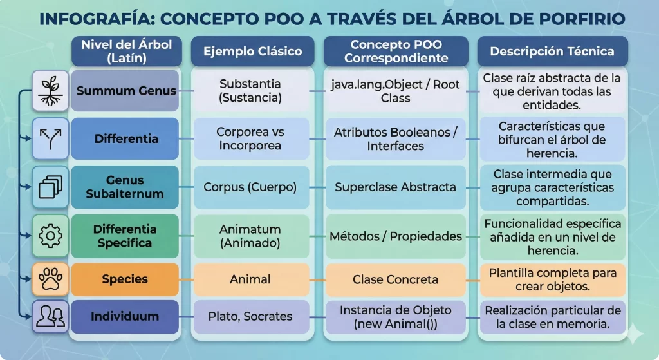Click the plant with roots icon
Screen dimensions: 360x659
point(50,91)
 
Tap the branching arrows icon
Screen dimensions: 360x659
point(50,138)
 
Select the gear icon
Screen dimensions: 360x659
point(50,236)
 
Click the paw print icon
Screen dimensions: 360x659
point(50,279)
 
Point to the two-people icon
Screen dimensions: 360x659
point(50,316)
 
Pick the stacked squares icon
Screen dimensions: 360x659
point(50,187)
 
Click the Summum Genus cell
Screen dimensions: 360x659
point(125,91)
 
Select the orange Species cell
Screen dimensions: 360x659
point(125,279)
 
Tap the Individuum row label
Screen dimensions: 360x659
point(125,316)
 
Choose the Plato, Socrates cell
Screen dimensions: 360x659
point(250,316)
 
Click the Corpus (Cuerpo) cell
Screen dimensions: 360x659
point(250,187)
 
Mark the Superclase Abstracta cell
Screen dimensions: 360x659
point(395,187)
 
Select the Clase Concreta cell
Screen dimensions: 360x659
point(395,279)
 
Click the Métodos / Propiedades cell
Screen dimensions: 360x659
point(395,236)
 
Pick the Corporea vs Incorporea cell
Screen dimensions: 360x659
point(250,138)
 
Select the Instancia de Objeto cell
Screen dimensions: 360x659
point(395,317)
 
